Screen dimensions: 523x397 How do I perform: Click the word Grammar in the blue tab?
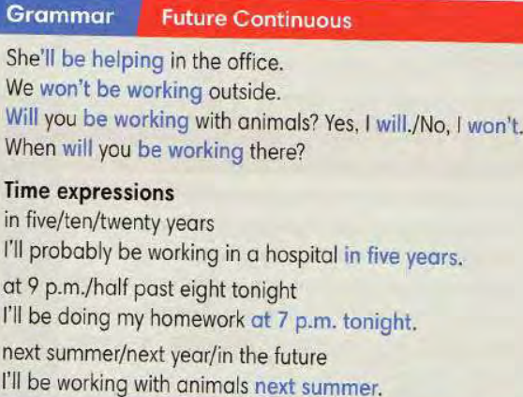pyautogui.click(x=60, y=16)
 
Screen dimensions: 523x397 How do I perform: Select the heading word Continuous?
pyautogui.click(x=292, y=19)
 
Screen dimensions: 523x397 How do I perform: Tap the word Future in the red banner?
pyautogui.click(x=194, y=18)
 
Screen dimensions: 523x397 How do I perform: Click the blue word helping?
pyautogui.click(x=128, y=60)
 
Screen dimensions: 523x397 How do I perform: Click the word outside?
pyautogui.click(x=244, y=91)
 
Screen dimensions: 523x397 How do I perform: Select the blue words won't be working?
pyautogui.click(x=121, y=90)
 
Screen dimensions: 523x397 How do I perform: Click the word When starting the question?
pyautogui.click(x=31, y=147)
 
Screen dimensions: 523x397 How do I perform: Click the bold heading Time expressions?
pyautogui.click(x=89, y=192)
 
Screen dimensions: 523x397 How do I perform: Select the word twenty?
pyautogui.click(x=130, y=223)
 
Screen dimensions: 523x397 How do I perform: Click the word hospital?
pyautogui.click(x=302, y=255)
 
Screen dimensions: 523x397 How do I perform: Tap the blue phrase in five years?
pyautogui.click(x=404, y=257)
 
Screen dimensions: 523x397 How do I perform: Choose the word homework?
pyautogui.click(x=198, y=318)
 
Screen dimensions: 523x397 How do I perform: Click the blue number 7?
pyautogui.click(x=282, y=320)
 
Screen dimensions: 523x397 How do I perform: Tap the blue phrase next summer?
pyautogui.click(x=318, y=387)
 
